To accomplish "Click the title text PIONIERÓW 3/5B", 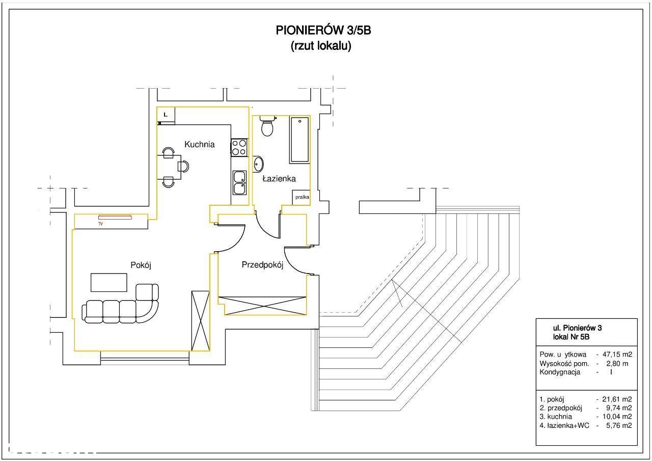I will [323, 31].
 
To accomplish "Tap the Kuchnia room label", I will [199, 145].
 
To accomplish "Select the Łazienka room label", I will [279, 179].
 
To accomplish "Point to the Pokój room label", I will [141, 265].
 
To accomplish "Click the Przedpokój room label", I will [262, 265].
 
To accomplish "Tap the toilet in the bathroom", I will [267, 127].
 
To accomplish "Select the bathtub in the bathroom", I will [300, 140].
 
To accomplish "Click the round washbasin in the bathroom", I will [258, 164].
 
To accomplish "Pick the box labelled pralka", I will [301, 197].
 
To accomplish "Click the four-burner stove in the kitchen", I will [239, 148].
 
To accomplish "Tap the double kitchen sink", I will [239, 183].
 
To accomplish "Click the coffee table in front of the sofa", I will [108, 282].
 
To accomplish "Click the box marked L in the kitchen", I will [166, 115].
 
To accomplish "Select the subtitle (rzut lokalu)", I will [321, 46].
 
